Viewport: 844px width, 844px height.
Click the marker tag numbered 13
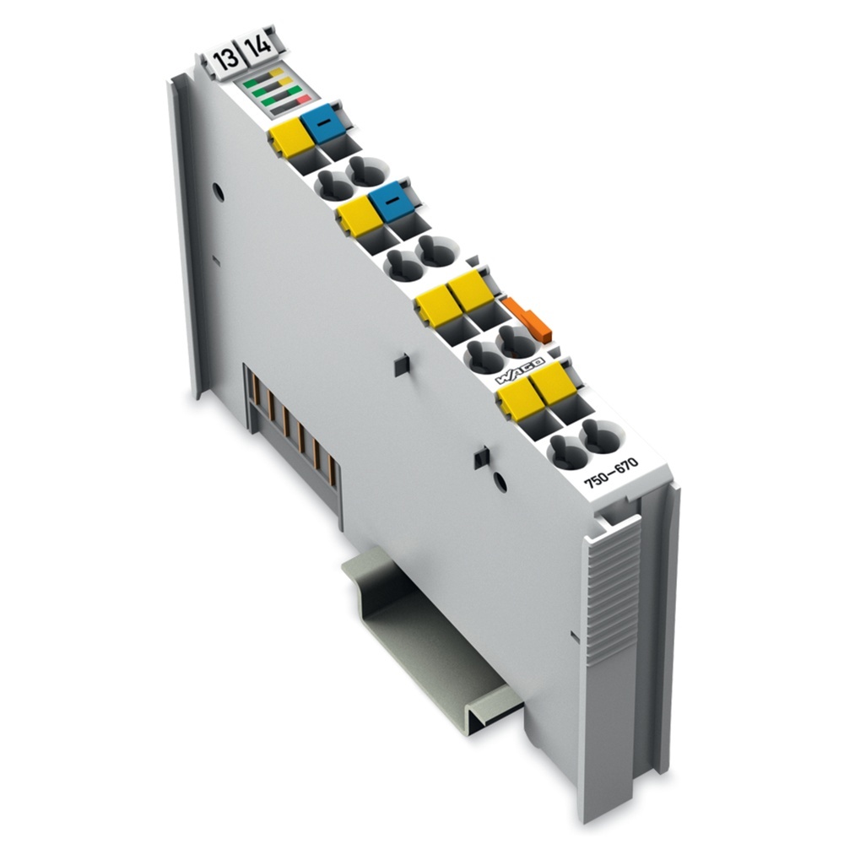pyautogui.click(x=225, y=62)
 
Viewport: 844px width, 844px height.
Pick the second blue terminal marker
pyautogui.click(x=387, y=203)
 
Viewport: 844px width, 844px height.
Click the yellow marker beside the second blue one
pyautogui.click(x=358, y=216)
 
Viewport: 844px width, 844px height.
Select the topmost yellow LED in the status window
pyautogui.click(x=276, y=73)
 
